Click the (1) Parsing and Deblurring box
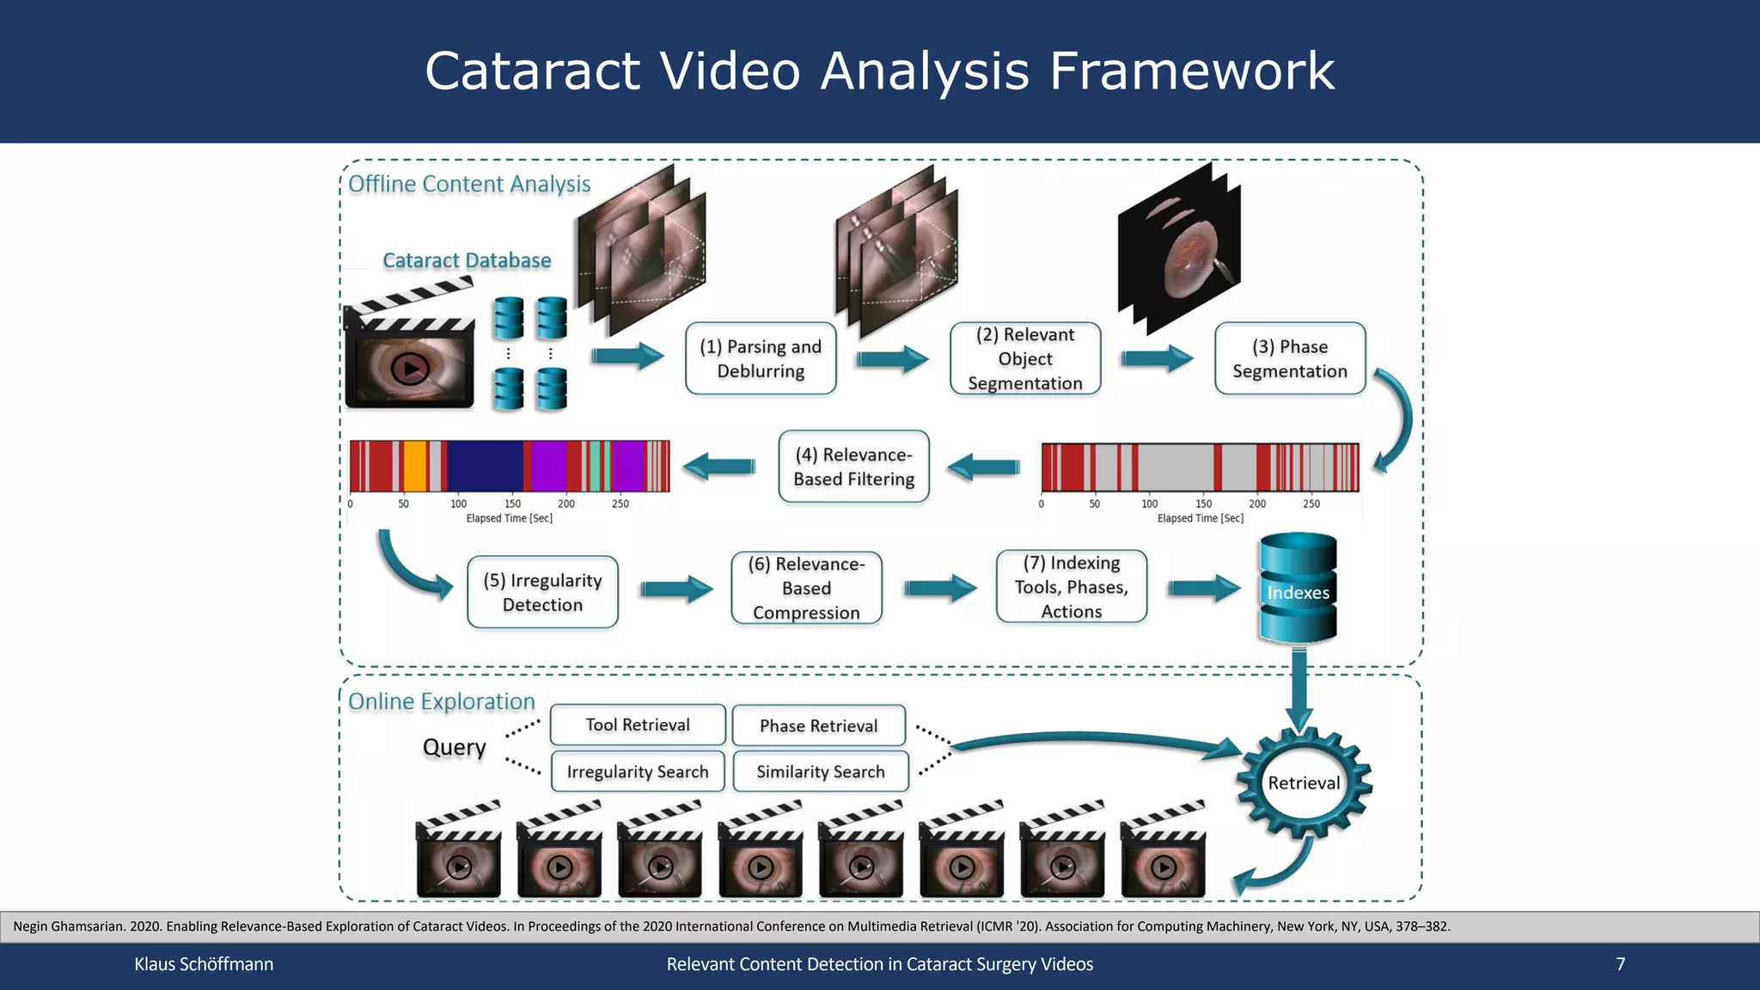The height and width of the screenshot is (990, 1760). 761,359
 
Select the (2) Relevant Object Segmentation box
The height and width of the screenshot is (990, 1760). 1025,359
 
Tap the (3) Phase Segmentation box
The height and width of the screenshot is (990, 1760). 1290,359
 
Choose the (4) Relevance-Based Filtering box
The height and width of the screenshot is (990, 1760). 853,467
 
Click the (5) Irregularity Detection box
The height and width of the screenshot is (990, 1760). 542,592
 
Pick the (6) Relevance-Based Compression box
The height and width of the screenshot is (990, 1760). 806,588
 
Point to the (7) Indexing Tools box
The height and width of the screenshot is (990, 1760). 1071,587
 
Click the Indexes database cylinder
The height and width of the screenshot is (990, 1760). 1298,590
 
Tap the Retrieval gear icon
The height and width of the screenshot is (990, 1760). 1304,783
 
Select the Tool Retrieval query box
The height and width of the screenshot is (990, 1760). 638,724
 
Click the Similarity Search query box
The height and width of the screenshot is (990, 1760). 821,772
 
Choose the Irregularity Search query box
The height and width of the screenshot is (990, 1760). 638,772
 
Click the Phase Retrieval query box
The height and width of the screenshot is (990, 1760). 818,725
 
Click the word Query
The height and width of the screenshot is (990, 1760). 454,747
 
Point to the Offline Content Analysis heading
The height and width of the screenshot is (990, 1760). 469,184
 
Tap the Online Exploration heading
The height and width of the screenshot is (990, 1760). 441,701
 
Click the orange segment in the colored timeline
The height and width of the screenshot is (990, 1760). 414,466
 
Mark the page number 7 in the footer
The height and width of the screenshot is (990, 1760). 1620,964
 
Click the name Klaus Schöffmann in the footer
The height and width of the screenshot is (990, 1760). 204,964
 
